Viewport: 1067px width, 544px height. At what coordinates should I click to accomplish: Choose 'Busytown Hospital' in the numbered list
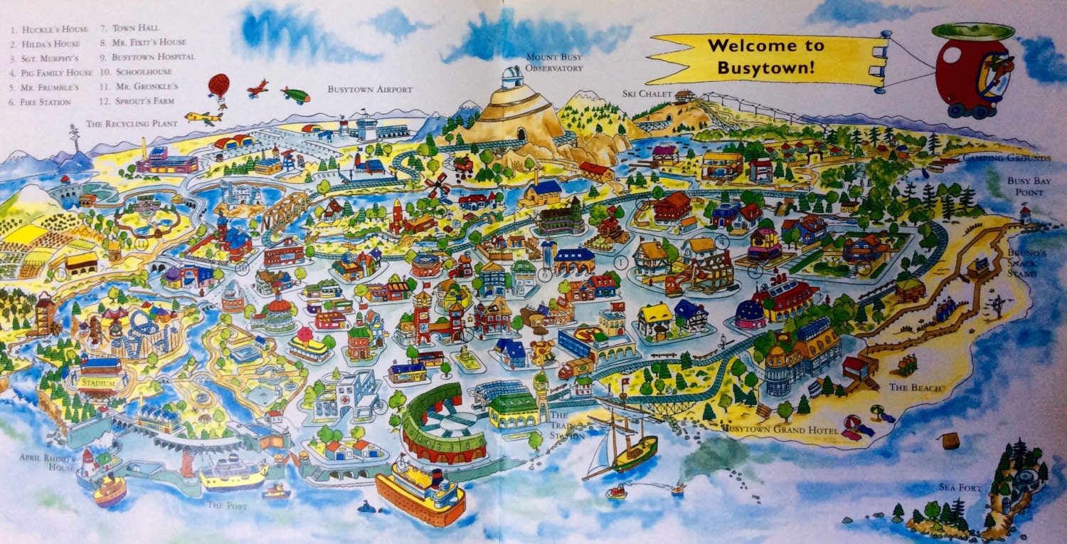click(147, 56)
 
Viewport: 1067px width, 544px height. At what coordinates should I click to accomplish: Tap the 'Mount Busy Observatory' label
click(554, 63)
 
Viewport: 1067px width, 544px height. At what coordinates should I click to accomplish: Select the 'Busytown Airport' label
click(370, 90)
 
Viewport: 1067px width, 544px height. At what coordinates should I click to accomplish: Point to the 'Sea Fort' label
click(960, 488)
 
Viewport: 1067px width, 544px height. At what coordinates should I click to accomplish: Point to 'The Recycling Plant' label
click(128, 123)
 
